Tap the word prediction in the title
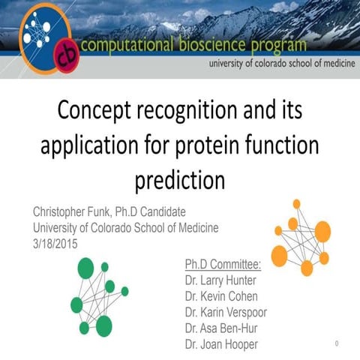click(x=180, y=181)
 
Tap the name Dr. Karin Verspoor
click(x=235, y=312)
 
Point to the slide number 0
click(x=337, y=343)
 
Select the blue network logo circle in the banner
click(x=44, y=34)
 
